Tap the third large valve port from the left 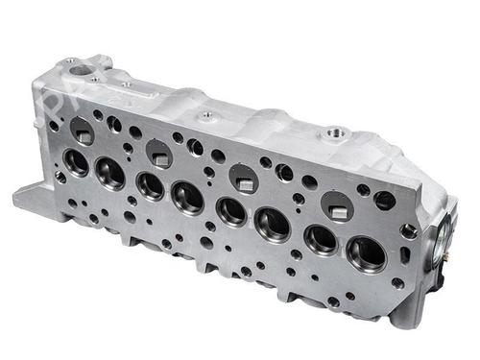pyautogui.click(x=150, y=185)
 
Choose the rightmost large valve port pyautogui.click(x=366, y=253)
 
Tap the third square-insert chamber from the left pyautogui.click(x=244, y=179)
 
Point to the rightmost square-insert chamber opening pyautogui.click(x=336, y=205)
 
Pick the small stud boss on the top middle pyautogui.click(x=206, y=115)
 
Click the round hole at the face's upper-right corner pyautogui.click(x=384, y=201)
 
